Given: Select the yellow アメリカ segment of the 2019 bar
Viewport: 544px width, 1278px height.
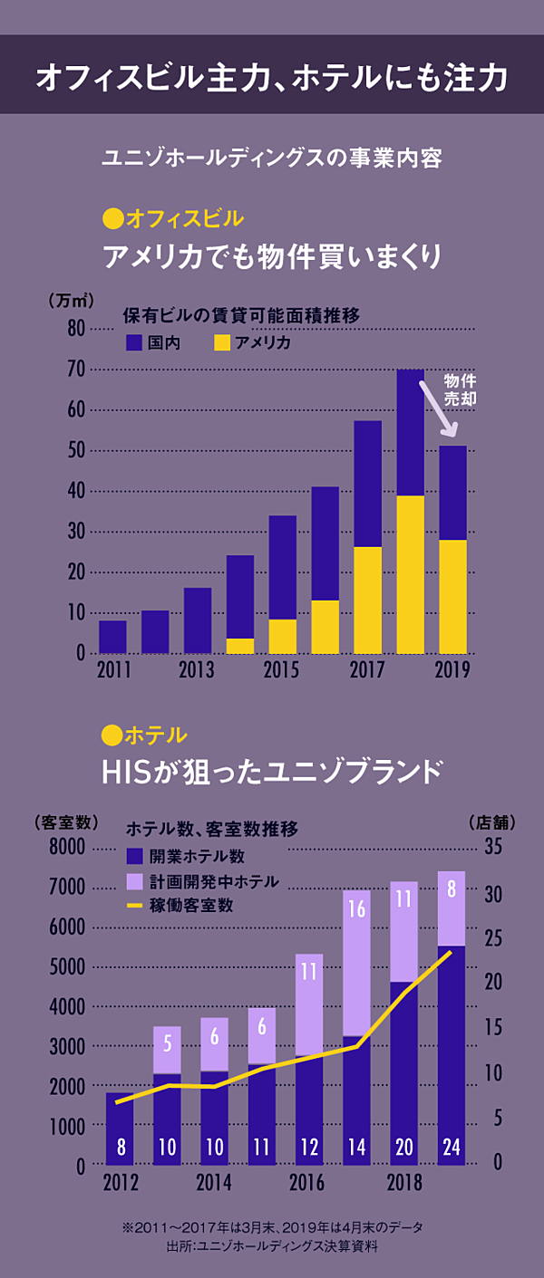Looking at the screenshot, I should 452,596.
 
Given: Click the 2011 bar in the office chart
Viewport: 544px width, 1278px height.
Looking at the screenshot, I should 112,637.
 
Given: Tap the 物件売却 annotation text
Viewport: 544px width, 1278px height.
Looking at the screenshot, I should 460,389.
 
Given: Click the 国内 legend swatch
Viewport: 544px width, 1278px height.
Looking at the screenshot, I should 134,342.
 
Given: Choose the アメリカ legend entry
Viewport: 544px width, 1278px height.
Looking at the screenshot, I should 253,342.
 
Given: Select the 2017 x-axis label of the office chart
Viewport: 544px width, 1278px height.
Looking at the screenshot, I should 367,671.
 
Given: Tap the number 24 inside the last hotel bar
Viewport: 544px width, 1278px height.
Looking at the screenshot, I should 451,1147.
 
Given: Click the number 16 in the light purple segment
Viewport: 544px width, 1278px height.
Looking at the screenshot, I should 356,908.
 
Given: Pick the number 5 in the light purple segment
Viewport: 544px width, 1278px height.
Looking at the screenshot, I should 167,1043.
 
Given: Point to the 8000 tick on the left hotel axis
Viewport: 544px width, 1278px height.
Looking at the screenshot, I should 65,848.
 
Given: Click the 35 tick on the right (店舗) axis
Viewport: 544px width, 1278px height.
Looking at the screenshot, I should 492,848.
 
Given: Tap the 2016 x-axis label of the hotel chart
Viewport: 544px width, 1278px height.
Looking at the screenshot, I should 307,1183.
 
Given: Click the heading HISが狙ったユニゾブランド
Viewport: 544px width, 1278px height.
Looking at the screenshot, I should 272,772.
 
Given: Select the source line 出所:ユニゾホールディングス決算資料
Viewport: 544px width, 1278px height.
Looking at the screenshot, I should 272,1245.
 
